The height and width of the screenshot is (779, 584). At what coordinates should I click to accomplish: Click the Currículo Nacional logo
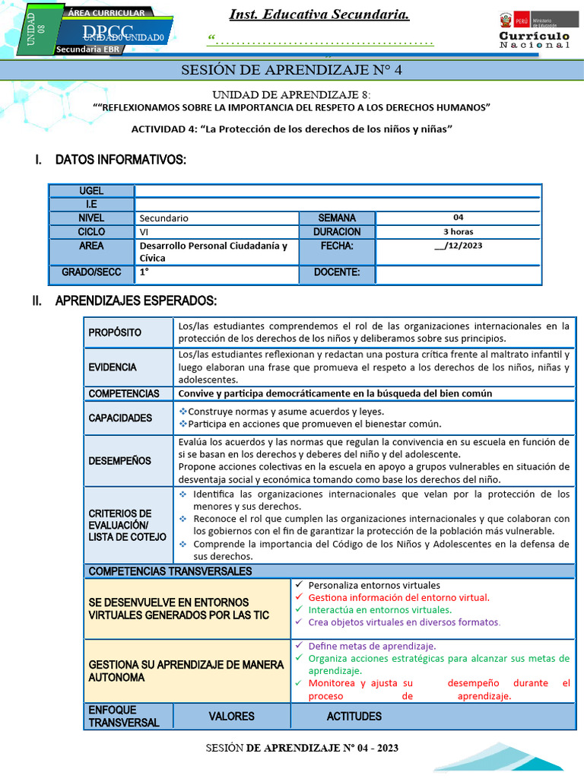534,31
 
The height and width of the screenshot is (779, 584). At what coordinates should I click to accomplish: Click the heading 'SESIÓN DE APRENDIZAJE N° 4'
291,71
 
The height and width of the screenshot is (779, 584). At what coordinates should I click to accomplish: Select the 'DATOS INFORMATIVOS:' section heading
120,160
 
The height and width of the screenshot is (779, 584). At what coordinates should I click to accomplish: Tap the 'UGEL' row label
91,191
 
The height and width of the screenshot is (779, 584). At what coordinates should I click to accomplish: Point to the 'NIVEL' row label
91,218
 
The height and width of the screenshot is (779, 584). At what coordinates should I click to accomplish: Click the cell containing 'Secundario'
217,218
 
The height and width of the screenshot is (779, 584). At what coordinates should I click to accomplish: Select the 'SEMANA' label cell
337,218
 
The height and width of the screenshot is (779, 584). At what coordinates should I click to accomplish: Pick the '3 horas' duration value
458,231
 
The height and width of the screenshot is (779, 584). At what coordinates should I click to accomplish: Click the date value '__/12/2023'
458,246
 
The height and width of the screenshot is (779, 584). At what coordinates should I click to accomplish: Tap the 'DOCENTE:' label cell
337,272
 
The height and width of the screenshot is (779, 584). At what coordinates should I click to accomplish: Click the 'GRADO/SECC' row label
91,272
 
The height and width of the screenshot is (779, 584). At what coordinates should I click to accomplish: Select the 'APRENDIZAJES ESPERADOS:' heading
136,301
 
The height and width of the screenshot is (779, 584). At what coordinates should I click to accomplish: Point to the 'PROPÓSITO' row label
115,332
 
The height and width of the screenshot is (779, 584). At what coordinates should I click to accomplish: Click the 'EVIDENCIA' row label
113,367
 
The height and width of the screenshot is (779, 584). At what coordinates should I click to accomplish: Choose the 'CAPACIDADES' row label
120,418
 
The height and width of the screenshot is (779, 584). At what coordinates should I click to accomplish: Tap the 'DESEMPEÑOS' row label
119,460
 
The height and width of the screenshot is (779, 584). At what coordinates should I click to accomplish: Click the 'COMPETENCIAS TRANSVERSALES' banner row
170,571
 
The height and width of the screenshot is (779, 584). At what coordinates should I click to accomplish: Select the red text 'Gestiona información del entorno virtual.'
398,597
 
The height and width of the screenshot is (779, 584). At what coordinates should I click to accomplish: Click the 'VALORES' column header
231,716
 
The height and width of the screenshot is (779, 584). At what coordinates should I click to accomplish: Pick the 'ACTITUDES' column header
354,716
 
